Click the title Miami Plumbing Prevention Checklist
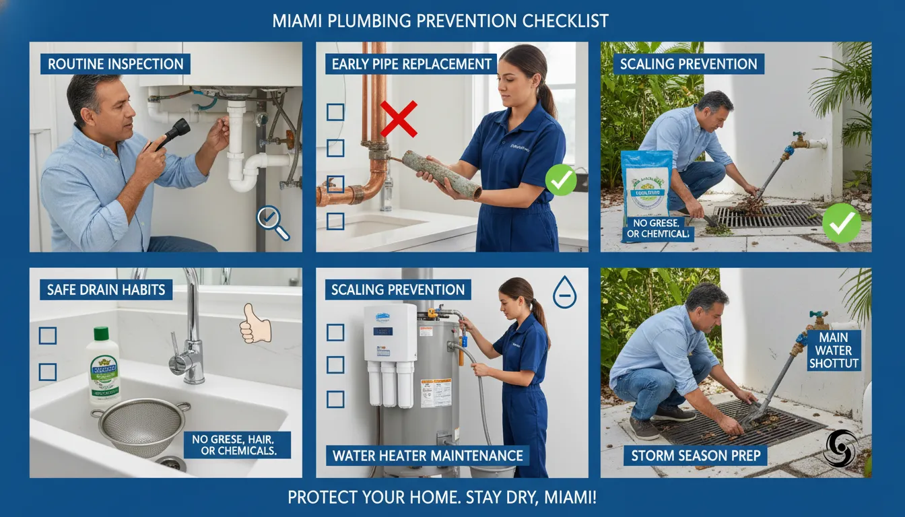440,21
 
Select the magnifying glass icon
273,223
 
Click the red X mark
399,118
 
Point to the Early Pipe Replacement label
412,64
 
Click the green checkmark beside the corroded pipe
560,180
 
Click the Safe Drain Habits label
100,290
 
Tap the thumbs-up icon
256,327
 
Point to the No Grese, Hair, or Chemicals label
237,445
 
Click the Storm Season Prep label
696,456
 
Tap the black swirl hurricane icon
840,448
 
